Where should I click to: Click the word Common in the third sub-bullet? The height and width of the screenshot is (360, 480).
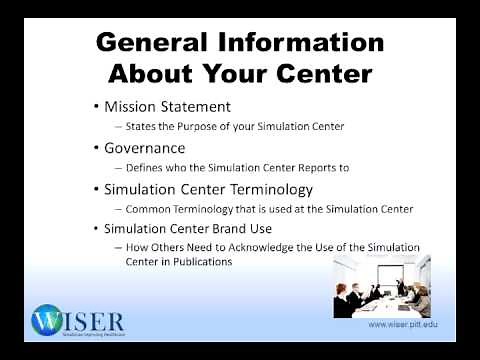point(149,209)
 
